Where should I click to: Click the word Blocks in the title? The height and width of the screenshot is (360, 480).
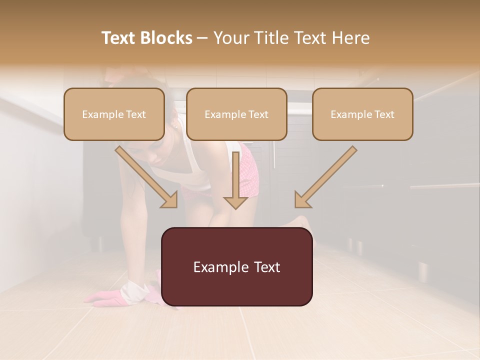pos(167,38)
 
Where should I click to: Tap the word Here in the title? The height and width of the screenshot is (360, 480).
pos(350,38)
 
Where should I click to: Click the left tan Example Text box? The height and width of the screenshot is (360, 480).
pos(114,114)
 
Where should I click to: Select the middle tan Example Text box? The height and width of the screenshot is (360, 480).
pos(236,114)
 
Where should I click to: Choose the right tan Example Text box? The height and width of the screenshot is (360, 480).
pos(362,114)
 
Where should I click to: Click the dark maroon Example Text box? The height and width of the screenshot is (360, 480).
pos(236,266)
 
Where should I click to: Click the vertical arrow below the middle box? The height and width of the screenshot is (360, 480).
pos(235,182)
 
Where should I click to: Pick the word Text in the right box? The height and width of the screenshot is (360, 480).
pos(384,114)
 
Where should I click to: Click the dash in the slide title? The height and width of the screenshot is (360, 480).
pos(202,38)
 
